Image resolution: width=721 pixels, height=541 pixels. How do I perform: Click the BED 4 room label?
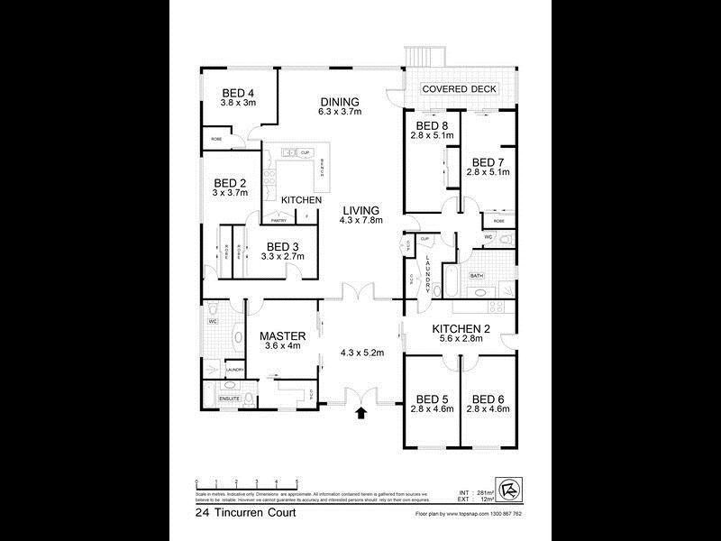click(x=238, y=92)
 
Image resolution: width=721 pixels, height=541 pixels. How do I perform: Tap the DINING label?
click(x=339, y=102)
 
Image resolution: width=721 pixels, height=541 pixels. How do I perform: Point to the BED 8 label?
click(x=432, y=126)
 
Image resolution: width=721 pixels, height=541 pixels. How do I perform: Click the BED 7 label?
click(x=488, y=162)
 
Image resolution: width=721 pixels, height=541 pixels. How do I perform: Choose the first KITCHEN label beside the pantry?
click(x=301, y=199)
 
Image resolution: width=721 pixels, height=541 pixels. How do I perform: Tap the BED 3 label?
click(x=283, y=246)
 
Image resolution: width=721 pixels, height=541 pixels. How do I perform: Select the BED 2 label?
click(x=230, y=181)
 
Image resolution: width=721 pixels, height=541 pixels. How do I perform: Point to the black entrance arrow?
click(x=361, y=414)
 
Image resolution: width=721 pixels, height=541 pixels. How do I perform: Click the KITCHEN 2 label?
click(x=459, y=328)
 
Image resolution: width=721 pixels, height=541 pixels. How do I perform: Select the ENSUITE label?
click(x=230, y=399)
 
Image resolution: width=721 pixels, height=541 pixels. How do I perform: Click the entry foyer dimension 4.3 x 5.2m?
click(x=362, y=353)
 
